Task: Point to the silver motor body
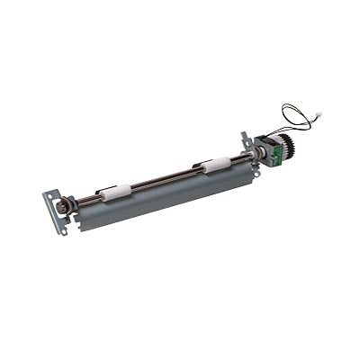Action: pos(263,145)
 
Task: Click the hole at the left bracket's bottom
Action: pos(64,229)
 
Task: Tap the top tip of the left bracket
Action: pos(49,191)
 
